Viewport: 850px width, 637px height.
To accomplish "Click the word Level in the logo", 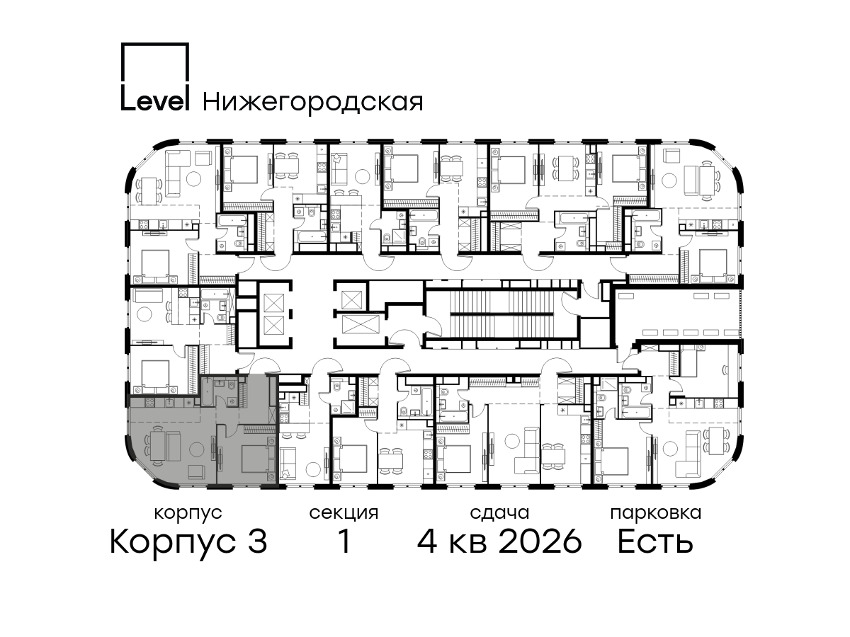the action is [x=155, y=101].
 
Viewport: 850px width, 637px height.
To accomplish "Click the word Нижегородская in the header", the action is [x=313, y=103].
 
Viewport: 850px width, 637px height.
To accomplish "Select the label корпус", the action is [x=188, y=514].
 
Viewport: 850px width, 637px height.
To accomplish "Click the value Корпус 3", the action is [x=188, y=542].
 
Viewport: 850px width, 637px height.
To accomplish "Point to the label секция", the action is [x=344, y=513].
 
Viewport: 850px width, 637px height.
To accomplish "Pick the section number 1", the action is [x=344, y=541].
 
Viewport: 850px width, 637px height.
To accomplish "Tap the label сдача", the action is [x=499, y=514].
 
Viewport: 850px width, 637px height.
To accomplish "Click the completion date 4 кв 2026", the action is [x=499, y=541].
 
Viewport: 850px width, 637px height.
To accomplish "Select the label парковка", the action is [x=656, y=513].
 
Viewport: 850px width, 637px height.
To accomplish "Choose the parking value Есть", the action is [x=655, y=541].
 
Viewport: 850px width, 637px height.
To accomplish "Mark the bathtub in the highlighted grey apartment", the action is [x=206, y=392].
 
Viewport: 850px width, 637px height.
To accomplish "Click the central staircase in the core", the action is [x=502, y=314].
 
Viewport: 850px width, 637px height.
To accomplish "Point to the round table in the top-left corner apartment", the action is [x=193, y=178].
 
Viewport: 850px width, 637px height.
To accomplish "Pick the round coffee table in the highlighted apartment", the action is [x=196, y=450].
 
